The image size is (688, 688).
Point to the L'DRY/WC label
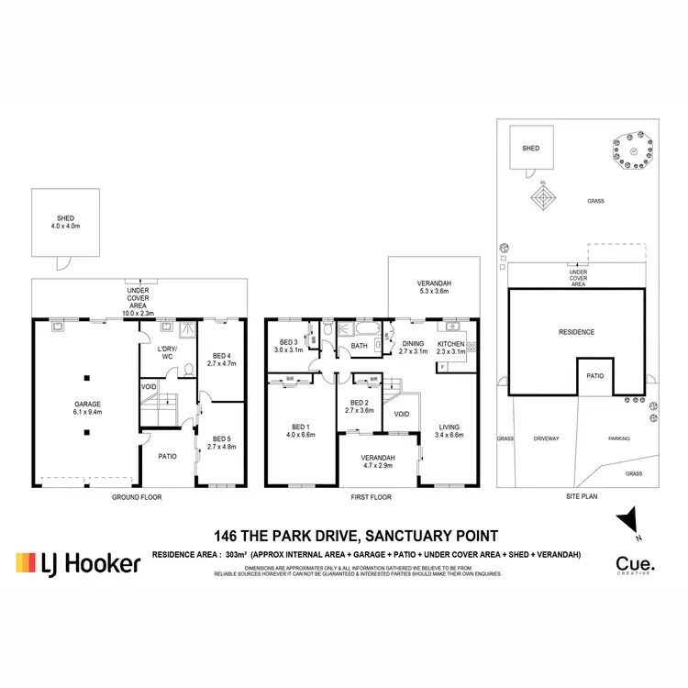click(166, 352)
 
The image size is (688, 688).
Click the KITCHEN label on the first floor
click(450, 343)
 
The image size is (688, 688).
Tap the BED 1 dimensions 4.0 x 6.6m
click(301, 436)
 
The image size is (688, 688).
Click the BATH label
click(360, 346)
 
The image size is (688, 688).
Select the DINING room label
click(413, 343)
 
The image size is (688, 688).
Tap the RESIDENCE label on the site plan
click(577, 332)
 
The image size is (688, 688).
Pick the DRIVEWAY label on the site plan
click(546, 438)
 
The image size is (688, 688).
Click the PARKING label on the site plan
click(619, 438)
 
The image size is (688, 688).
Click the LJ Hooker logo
click(79, 562)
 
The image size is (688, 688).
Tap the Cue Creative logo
click(635, 565)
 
